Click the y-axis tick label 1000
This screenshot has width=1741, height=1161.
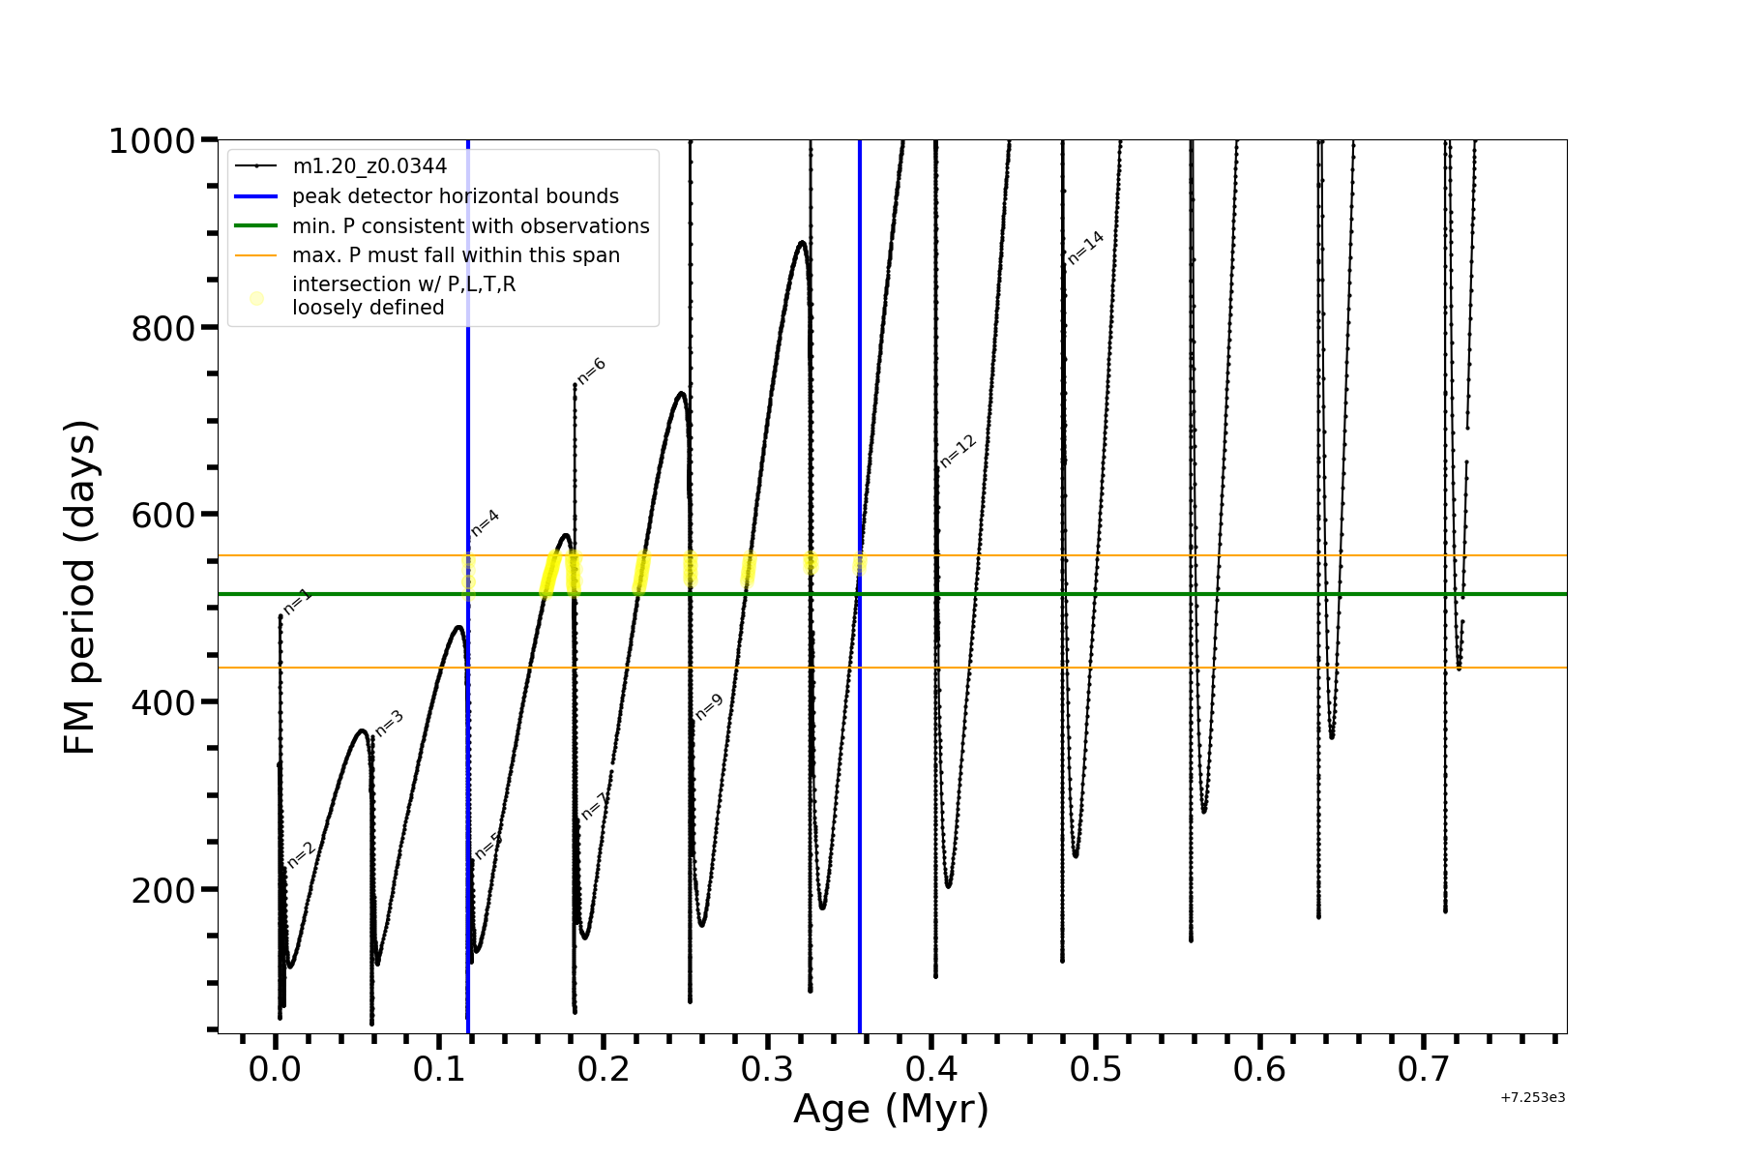(152, 141)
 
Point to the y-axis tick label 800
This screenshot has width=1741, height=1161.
(162, 329)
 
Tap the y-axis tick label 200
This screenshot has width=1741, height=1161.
(162, 890)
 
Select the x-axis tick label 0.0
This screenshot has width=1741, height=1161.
(275, 1069)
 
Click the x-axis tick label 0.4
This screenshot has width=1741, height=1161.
(931, 1069)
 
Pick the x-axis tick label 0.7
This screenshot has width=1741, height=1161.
(1424, 1069)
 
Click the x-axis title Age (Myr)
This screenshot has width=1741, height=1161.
(891, 1109)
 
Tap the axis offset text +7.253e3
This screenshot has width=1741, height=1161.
(1532, 1097)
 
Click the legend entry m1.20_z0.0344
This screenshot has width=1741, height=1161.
(369, 166)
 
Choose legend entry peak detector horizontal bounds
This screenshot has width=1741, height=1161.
(455, 196)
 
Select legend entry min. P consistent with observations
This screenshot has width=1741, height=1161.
(470, 226)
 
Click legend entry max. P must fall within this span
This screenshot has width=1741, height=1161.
(456, 255)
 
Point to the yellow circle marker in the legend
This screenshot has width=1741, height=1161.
(256, 298)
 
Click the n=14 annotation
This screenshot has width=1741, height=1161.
(1085, 248)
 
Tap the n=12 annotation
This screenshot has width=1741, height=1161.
(958, 452)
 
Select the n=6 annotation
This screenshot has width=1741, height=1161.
(591, 371)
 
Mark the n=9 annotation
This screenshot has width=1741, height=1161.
(709, 707)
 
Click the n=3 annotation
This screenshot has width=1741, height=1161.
(389, 723)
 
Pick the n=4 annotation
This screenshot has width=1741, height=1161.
(485, 522)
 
